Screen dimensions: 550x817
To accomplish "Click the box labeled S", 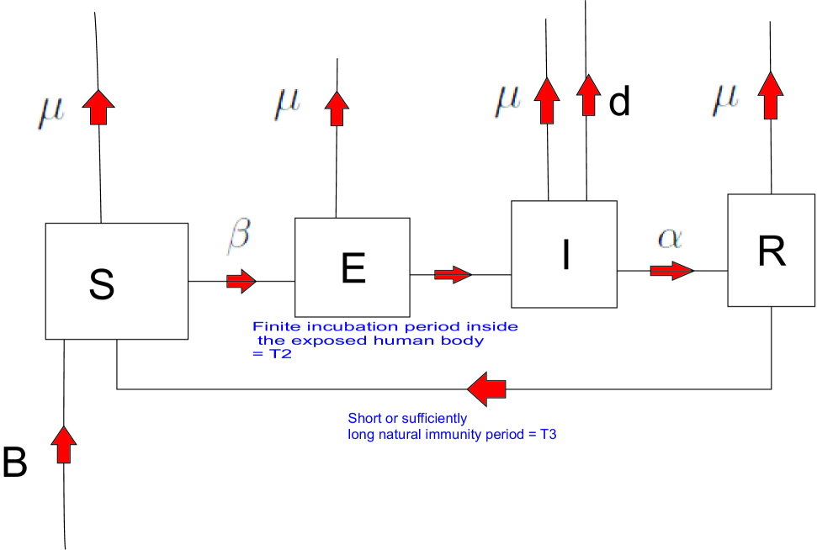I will click(116, 282).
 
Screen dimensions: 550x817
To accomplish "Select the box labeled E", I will click(352, 265).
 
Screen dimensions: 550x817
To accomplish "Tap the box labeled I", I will click(564, 254).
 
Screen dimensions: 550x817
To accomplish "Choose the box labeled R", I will click(771, 250).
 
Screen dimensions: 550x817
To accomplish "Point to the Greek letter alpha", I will click(669, 238).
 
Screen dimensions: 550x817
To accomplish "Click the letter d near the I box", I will click(618, 103).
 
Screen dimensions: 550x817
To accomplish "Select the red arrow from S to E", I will click(241, 282).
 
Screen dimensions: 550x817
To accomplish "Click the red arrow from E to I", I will click(452, 274).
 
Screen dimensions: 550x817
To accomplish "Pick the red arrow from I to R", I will click(671, 270).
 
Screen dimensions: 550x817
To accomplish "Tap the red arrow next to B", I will click(63, 443).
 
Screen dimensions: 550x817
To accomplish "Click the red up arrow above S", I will click(99, 107).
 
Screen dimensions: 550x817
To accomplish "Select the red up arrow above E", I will click(338, 108).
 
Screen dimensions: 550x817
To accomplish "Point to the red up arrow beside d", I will click(588, 95).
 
